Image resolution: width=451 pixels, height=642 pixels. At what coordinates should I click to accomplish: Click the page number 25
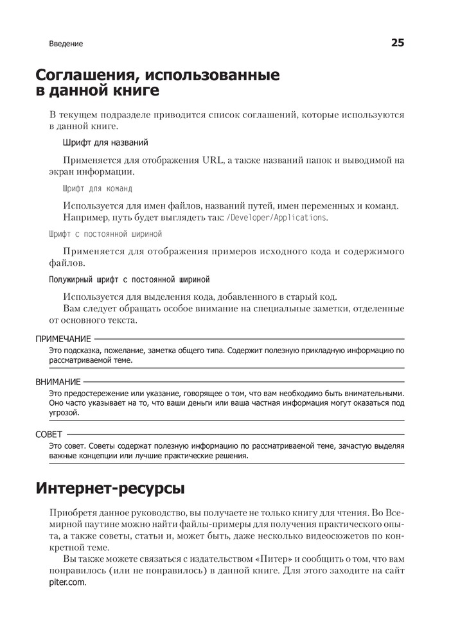pyautogui.click(x=397, y=43)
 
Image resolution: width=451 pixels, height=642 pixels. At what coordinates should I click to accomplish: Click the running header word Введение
pyautogui.click(x=66, y=44)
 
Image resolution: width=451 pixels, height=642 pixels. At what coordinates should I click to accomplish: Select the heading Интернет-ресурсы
pyautogui.click(x=110, y=489)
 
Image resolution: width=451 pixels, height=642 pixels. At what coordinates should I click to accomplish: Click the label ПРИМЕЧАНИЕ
pyautogui.click(x=64, y=338)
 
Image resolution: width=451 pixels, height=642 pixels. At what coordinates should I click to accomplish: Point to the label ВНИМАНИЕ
pyautogui.click(x=58, y=381)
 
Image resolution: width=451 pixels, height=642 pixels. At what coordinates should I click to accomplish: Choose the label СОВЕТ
pyautogui.click(x=49, y=435)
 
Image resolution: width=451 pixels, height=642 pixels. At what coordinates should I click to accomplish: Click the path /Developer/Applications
pyautogui.click(x=277, y=218)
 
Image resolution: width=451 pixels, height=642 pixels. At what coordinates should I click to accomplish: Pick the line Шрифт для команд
pyautogui.click(x=98, y=189)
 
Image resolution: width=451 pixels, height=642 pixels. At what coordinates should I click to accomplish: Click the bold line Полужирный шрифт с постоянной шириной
pyautogui.click(x=130, y=279)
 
